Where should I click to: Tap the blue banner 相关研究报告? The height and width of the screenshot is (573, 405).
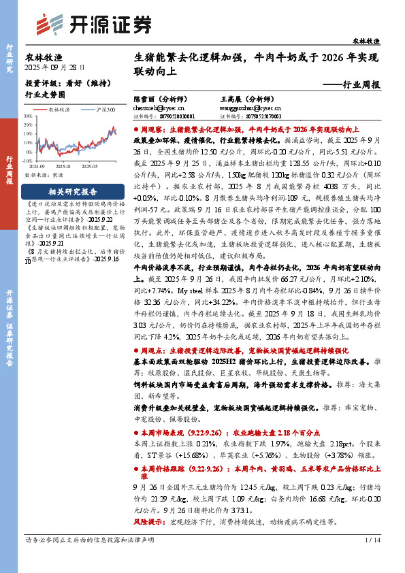click(72, 192)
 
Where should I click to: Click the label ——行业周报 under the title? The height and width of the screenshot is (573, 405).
click(352, 86)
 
